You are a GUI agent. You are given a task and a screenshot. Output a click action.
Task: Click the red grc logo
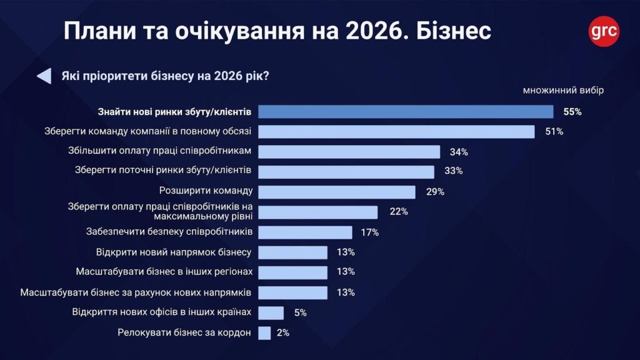pyautogui.click(x=604, y=31)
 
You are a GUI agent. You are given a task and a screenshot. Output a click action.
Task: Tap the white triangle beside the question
pyautogui.click(x=44, y=76)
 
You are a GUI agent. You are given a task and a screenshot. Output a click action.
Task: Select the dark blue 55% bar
pyautogui.click(x=406, y=112)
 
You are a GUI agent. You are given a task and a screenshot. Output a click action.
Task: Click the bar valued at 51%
pyautogui.click(x=396, y=132)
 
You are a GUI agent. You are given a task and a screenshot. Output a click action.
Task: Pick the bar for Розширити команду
pyautogui.click(x=337, y=192)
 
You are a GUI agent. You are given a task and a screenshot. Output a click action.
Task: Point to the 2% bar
pyautogui.click(x=264, y=333)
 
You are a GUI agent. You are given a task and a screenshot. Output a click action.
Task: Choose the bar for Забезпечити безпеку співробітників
pyautogui.click(x=305, y=232)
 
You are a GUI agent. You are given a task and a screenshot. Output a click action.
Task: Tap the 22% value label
pyautogui.click(x=398, y=212)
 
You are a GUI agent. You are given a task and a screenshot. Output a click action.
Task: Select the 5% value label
pyautogui.click(x=300, y=312)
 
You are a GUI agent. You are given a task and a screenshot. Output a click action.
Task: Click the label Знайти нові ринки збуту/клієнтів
pyautogui.click(x=174, y=112)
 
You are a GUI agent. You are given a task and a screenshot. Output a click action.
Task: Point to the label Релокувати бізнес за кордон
pyautogui.click(x=184, y=332)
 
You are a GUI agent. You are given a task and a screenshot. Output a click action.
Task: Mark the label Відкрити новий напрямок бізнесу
pyautogui.click(x=174, y=252)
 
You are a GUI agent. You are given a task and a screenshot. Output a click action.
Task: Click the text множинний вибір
pyautogui.click(x=563, y=91)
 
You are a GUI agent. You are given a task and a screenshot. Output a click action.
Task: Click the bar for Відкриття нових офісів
pyautogui.click(x=271, y=312)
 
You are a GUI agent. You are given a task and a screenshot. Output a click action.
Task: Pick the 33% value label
pyautogui.click(x=452, y=171)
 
